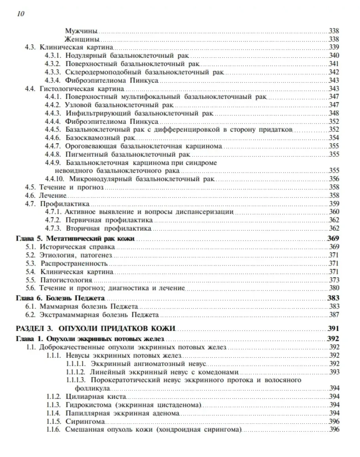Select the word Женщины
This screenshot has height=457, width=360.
click(82, 39)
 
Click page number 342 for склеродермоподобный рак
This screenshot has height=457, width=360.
click(334, 72)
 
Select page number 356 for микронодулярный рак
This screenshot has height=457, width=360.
click(334, 179)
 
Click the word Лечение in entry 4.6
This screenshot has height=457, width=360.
click(52, 195)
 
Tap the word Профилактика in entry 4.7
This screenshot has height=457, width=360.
click(64, 204)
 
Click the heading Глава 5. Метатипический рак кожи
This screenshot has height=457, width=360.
click(75, 239)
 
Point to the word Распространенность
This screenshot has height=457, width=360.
click(74, 264)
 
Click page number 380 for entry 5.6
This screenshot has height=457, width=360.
click(334, 288)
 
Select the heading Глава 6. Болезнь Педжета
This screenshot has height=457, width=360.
click(62, 298)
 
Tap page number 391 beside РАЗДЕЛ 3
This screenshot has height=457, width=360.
click(333, 328)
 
